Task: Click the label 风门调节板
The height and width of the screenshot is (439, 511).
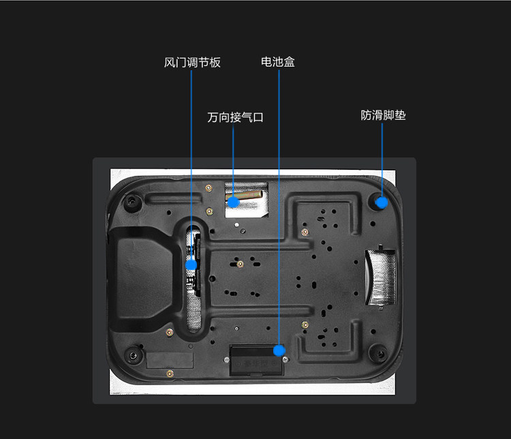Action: (192, 63)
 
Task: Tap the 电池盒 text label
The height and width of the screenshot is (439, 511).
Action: (278, 62)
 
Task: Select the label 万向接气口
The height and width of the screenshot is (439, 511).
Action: (235, 117)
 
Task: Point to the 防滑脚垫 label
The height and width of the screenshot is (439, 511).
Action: (383, 115)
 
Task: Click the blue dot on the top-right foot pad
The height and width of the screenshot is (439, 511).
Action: (382, 202)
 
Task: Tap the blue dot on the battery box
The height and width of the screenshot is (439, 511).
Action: (279, 350)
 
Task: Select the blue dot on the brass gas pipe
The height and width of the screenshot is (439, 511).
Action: (234, 201)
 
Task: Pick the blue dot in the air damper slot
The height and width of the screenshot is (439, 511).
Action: (191, 264)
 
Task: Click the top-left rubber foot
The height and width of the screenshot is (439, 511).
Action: (132, 202)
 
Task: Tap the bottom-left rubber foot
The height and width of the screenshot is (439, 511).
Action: (131, 354)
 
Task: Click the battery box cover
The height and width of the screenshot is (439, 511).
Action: (256, 360)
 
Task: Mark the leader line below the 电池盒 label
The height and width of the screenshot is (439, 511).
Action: (279, 205)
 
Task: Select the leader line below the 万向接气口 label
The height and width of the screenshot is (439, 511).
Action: (234, 160)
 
